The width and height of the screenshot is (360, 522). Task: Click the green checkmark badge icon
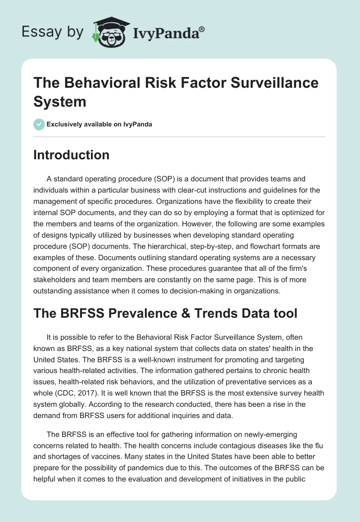[x=39, y=124]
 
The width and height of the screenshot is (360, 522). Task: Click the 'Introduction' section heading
[x=72, y=155]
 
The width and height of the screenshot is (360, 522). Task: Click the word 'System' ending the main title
[x=60, y=101]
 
